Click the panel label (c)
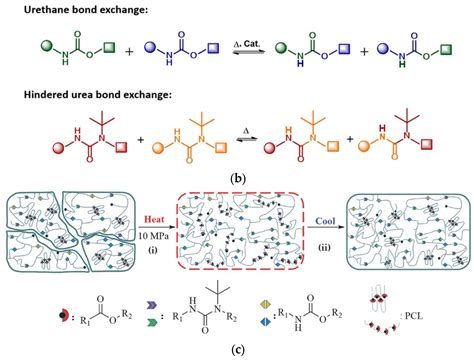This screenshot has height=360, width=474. (x=238, y=349)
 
